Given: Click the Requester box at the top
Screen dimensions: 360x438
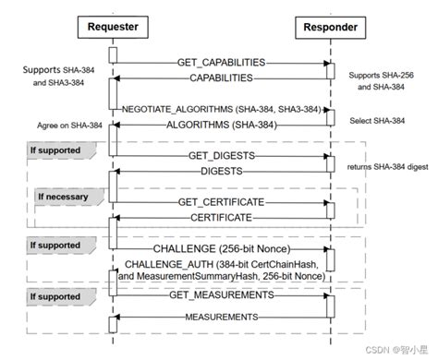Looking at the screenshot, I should pos(113,27).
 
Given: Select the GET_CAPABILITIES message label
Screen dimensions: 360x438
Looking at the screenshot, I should pos(220,62).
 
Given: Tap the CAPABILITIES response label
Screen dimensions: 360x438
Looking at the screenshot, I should pos(222,79).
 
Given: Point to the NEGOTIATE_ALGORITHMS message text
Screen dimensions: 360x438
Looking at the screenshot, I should pos(221,109).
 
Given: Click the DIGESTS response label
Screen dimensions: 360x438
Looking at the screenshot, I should pos(222,172).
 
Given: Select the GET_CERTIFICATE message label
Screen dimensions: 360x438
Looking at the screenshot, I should pos(222,201).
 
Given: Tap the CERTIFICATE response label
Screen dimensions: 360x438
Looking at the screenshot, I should pos(222,217).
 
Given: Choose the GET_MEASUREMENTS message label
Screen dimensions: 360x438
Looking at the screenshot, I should pos(221,296).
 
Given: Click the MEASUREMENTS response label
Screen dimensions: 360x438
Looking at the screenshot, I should pos(222,317).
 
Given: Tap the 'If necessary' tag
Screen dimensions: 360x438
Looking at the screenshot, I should pos(66,197).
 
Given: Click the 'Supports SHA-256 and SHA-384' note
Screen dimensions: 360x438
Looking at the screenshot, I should pos(382,79).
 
